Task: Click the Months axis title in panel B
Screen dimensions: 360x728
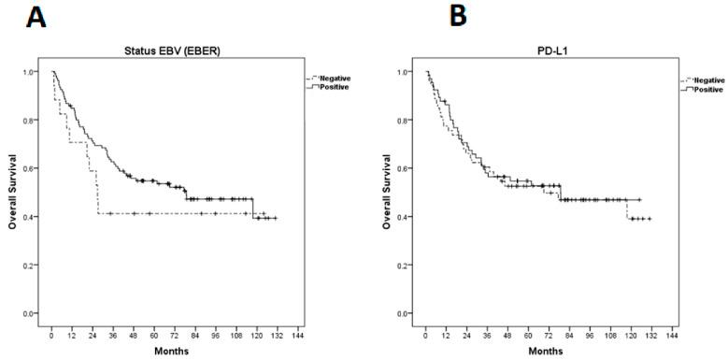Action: click(x=548, y=351)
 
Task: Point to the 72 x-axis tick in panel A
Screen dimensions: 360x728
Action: click(x=174, y=334)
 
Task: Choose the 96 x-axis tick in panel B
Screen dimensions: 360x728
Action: click(x=590, y=334)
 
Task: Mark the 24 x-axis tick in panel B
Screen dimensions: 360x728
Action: click(x=466, y=334)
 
